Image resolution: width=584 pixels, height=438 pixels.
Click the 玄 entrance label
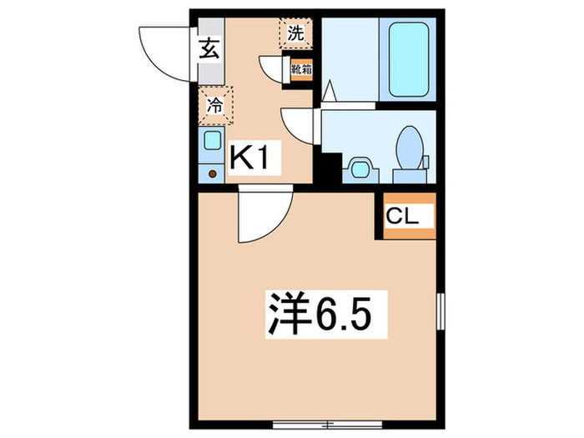209,48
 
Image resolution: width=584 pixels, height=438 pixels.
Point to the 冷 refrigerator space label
215,105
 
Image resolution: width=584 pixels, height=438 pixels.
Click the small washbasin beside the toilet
360,167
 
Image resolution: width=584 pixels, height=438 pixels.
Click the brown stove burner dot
213,174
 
